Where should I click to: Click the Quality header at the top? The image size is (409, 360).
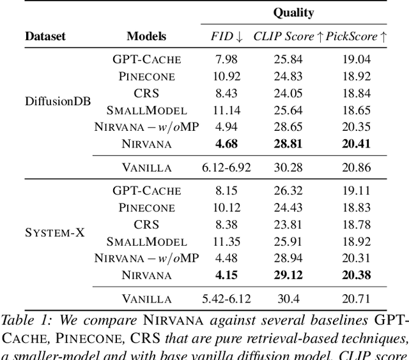tap(293, 12)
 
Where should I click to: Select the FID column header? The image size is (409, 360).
tap(226, 37)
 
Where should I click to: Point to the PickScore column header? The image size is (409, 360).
tap(356, 37)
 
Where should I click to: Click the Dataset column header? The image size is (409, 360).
tap(45, 37)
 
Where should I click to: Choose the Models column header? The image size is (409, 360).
tap(146, 37)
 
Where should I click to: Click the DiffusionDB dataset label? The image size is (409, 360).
tap(57, 101)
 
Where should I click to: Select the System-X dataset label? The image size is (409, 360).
tap(55, 233)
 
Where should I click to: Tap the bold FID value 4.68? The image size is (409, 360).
tap(226, 144)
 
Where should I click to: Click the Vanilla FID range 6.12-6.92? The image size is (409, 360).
tap(226, 168)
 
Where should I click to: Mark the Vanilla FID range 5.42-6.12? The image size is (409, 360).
tap(226, 299)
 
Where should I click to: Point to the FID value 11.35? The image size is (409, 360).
tap(226, 241)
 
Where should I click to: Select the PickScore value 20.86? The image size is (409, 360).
tap(356, 168)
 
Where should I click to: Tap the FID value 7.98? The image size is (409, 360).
tap(226, 59)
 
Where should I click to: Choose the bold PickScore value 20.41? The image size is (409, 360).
tap(356, 144)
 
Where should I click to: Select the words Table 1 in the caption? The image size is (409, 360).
tap(22, 319)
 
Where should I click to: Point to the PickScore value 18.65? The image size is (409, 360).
tap(356, 110)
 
